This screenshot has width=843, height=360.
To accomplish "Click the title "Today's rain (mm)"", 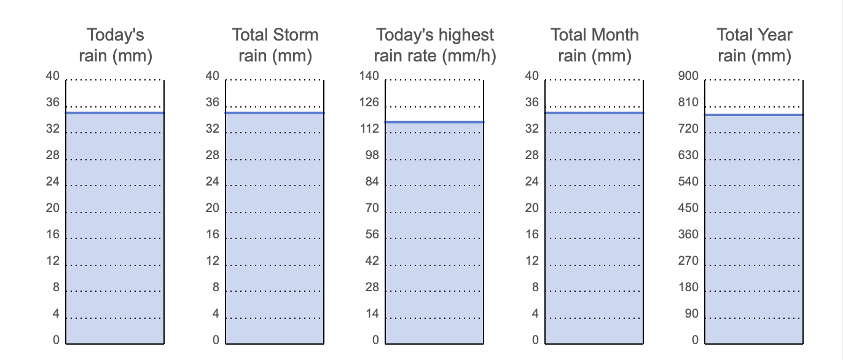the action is point(116,45).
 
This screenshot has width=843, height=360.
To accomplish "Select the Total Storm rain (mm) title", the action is point(275,45).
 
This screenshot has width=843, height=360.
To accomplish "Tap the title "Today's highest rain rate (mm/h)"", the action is point(434,45).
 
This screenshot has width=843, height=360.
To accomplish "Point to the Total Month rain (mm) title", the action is point(595,45).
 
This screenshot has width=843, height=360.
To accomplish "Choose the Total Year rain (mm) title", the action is point(754,45).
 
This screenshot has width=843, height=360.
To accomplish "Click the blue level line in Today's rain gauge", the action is point(115,113).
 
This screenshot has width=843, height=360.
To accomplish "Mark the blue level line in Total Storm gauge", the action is point(275,113).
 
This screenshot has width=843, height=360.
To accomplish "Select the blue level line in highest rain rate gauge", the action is point(434,122).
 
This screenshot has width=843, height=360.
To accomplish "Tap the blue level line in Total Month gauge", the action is point(594,113).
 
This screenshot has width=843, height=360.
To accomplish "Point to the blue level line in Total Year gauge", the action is point(754,115).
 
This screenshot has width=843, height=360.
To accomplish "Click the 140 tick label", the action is point(369,76).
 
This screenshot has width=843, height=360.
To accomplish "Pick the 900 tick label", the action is point(688,76).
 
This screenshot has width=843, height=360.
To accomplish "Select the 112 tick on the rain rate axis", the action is point(369,129).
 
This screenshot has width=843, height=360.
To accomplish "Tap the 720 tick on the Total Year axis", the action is point(688,129).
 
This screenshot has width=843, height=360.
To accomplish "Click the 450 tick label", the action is point(688,208).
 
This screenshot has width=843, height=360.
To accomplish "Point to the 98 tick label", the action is point(372,155).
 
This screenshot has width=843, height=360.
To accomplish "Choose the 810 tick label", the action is point(688,103).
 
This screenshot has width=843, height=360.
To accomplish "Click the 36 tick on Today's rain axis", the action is point(53,103).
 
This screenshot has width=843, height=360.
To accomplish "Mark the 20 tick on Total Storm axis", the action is point(212,208).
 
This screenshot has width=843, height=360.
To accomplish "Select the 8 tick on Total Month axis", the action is point(535,288).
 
